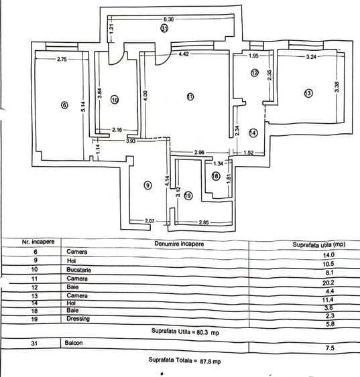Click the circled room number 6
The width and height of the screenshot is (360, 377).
(x=64, y=105)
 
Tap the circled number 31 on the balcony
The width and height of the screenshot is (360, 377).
(x=164, y=29)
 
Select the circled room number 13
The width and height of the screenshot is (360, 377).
(x=308, y=93)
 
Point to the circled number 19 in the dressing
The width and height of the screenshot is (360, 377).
(x=188, y=196)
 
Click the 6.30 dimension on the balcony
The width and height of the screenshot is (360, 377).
(x=168, y=19)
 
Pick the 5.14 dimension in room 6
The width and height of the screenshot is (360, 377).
(x=83, y=106)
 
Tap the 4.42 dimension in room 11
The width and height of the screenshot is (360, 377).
(x=184, y=54)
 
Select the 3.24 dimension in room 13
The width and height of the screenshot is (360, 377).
(x=311, y=57)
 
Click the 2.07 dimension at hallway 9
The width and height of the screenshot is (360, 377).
(x=149, y=220)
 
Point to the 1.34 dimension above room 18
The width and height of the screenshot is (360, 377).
(x=219, y=164)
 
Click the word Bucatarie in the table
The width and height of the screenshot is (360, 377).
(x=78, y=270)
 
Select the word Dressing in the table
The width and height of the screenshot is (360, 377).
(x=78, y=319)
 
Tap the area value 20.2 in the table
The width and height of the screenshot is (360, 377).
(x=328, y=283)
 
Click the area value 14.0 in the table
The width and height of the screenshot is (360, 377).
(x=328, y=255)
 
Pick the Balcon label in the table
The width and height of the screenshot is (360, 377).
(x=73, y=343)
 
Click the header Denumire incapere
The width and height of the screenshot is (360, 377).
(x=179, y=244)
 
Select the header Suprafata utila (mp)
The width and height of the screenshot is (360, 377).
(x=319, y=244)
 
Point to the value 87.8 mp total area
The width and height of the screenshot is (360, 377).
(x=210, y=362)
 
